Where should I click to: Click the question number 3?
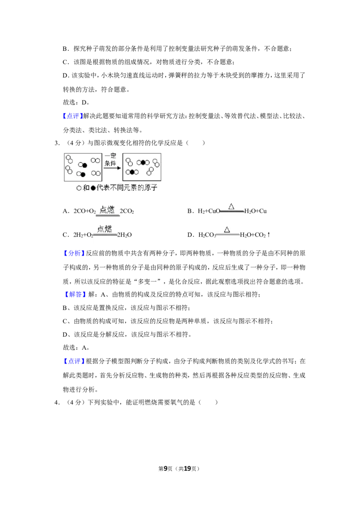[57, 143]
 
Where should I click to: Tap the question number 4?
[57, 402]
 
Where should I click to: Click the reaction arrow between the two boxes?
[112, 168]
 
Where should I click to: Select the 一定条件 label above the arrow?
[111, 159]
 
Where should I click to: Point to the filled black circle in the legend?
[93, 188]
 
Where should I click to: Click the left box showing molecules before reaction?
[83, 167]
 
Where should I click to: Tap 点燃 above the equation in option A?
[107, 210]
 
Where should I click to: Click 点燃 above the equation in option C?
[104, 229]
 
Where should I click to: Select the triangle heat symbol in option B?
[231, 206]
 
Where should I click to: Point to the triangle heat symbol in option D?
[227, 229]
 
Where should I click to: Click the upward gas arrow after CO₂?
[268, 234]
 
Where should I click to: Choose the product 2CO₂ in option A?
[127, 211]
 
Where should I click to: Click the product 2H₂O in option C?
[125, 235]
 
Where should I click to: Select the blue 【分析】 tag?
[74, 253]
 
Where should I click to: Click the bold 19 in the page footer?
[187, 469]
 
